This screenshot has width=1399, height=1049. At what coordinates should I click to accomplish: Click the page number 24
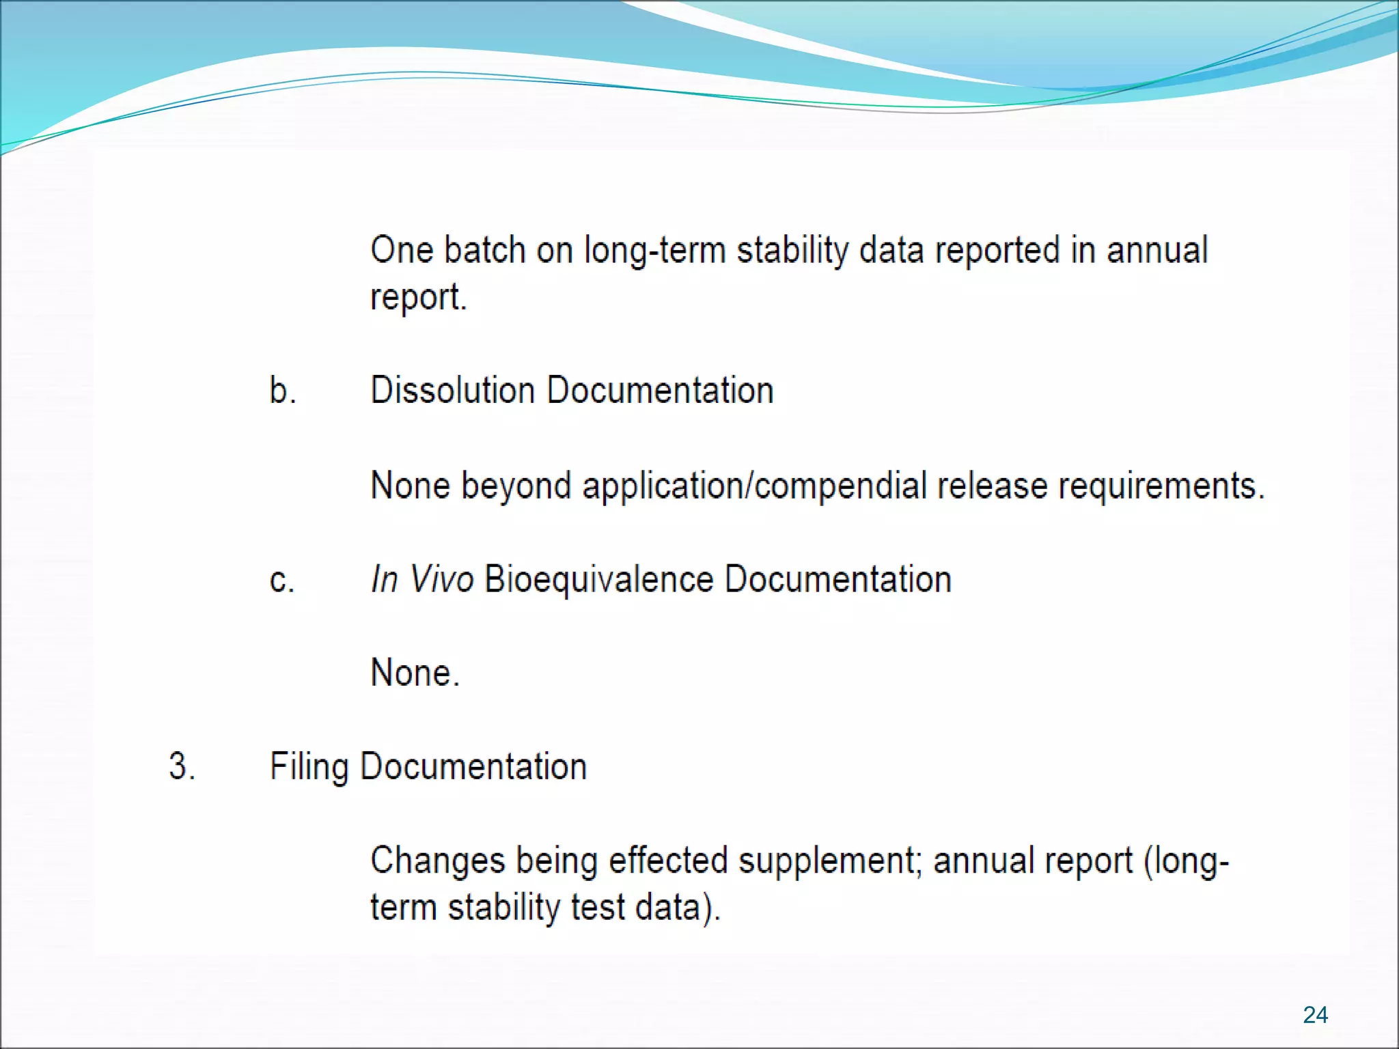point(1315,1015)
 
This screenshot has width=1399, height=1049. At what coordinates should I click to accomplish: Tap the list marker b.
point(282,391)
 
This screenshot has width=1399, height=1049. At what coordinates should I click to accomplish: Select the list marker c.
point(282,581)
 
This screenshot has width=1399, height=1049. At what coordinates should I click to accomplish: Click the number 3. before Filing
point(182,766)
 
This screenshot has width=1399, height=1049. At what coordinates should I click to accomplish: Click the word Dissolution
point(452,391)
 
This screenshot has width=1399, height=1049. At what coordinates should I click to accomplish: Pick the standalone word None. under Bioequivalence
point(415,673)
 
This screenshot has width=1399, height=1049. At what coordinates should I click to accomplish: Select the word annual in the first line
point(1157,250)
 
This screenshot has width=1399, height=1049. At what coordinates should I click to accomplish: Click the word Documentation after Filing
point(473,766)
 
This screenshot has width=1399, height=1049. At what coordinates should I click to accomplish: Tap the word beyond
point(516,487)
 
